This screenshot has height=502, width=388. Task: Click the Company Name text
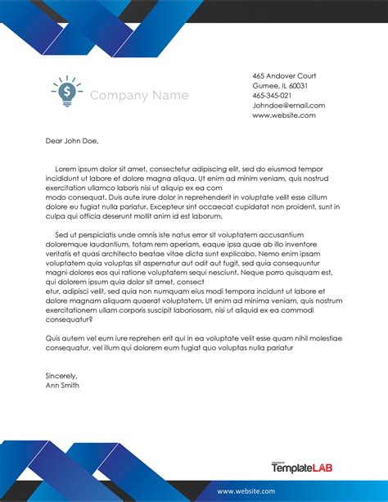[x=138, y=96]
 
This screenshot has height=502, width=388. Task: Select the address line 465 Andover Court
[x=284, y=76]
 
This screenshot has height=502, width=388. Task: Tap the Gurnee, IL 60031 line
[x=280, y=86]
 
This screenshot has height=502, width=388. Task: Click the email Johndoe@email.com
[x=288, y=106]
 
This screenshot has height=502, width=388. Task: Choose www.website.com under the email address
[x=283, y=115]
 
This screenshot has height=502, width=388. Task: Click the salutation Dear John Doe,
[x=71, y=141]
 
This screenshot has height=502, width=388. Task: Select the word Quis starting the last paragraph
[x=53, y=338]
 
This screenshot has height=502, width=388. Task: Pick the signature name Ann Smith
[x=63, y=384]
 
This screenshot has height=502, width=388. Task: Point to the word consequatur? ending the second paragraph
[x=70, y=319]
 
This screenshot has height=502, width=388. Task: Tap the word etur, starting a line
[x=52, y=291]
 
